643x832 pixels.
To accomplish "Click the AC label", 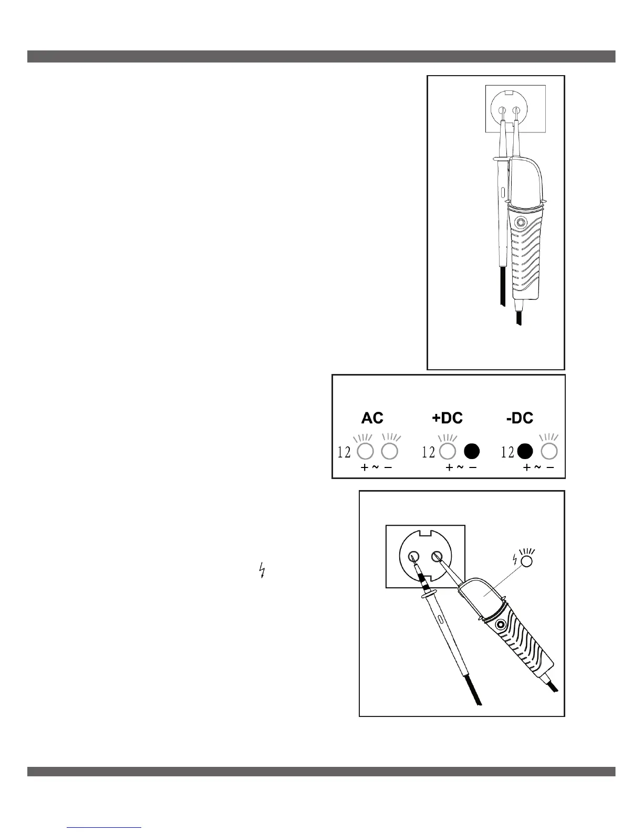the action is [372, 418].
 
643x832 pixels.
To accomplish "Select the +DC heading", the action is [447, 418].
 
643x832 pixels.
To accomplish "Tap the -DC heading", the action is [520, 418].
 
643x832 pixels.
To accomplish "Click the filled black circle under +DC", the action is [472, 451].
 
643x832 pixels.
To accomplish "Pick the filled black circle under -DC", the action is [525, 451].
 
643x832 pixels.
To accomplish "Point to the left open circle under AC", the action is [365, 451].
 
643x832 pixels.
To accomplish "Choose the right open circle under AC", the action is [390, 451].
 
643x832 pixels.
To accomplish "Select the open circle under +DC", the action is [447, 451].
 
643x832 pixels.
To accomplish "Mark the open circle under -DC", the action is [549, 451].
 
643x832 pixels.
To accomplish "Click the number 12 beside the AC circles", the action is [344, 452].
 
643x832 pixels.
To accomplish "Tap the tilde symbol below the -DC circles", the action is [537, 467].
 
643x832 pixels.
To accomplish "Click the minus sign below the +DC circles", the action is [473, 467].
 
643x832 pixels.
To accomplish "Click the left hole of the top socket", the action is [503, 111].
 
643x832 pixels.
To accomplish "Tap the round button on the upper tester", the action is [520, 222].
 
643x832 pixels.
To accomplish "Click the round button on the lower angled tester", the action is [499, 626].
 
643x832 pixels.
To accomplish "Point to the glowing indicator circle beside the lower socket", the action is [526, 560].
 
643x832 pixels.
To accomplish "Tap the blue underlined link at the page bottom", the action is [105, 827].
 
